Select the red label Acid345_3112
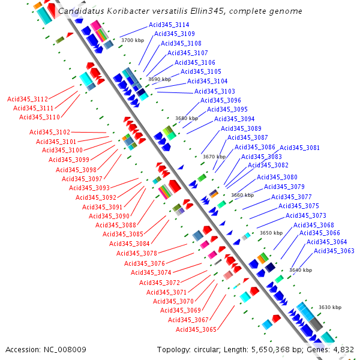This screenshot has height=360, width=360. click(28, 99)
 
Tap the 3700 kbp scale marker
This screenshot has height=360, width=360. click(132, 40)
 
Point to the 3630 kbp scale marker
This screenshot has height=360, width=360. click(329, 307)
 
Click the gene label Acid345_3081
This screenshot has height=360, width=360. click(299, 148)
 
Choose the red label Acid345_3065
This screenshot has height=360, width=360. click(196, 329)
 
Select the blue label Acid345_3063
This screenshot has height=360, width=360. click(334, 251)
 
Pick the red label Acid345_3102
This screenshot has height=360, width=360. click(50, 132)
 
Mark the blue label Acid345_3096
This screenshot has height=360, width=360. click(220, 101)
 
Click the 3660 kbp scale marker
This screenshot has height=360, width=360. click(242, 195)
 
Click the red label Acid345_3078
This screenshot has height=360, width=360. click(137, 254)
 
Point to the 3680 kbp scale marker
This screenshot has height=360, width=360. click(186, 118)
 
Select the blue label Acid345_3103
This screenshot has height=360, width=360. click(214, 91)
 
